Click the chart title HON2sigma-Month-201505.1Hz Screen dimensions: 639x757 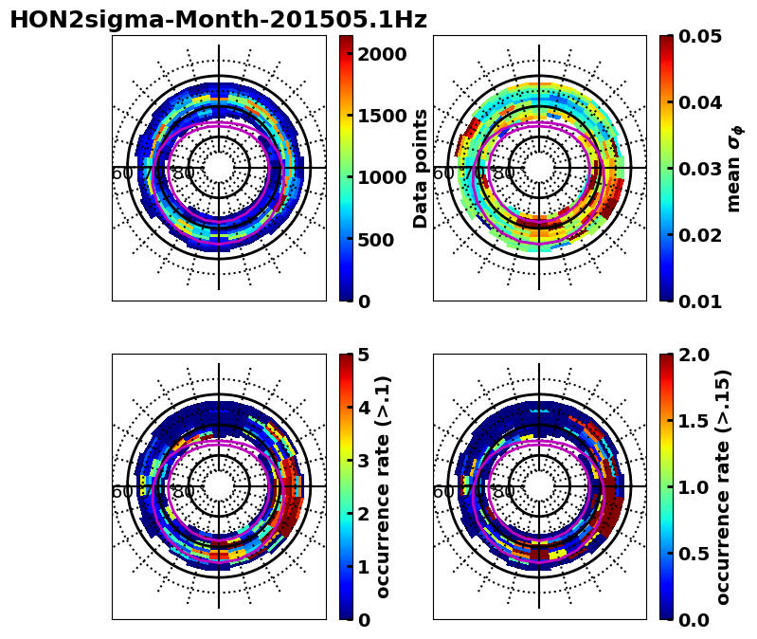(218, 20)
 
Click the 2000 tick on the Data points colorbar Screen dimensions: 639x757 (382, 53)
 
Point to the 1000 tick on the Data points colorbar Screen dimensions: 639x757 (382, 177)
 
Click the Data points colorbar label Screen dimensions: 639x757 (421, 168)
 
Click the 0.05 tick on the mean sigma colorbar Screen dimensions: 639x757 (700, 36)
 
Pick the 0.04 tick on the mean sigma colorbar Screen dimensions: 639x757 (700, 102)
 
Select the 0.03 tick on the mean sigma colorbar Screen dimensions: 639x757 (700, 169)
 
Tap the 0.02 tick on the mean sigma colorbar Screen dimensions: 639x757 (700, 235)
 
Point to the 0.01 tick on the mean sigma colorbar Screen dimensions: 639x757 (700, 301)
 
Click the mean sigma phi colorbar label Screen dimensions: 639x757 (734, 168)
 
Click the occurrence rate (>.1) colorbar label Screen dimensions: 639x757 (384, 486)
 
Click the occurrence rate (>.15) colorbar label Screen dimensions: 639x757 (723, 486)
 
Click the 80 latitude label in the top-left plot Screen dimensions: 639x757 (183, 173)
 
